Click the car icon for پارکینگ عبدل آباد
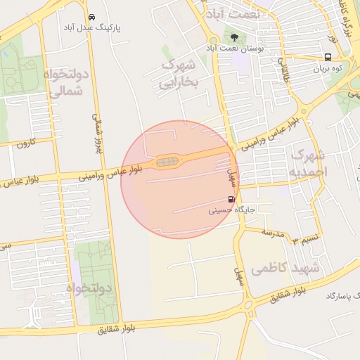(92, 16)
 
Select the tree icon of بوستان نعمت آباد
(233, 37)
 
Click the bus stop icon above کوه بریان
(329, 58)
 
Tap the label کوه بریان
(327, 69)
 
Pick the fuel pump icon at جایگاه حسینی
(232, 199)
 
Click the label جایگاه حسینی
(228, 210)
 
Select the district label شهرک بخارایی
(180, 74)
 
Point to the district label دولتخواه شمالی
(68, 82)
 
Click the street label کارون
(27, 144)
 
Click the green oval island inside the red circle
(167, 162)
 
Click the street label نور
(335, 41)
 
